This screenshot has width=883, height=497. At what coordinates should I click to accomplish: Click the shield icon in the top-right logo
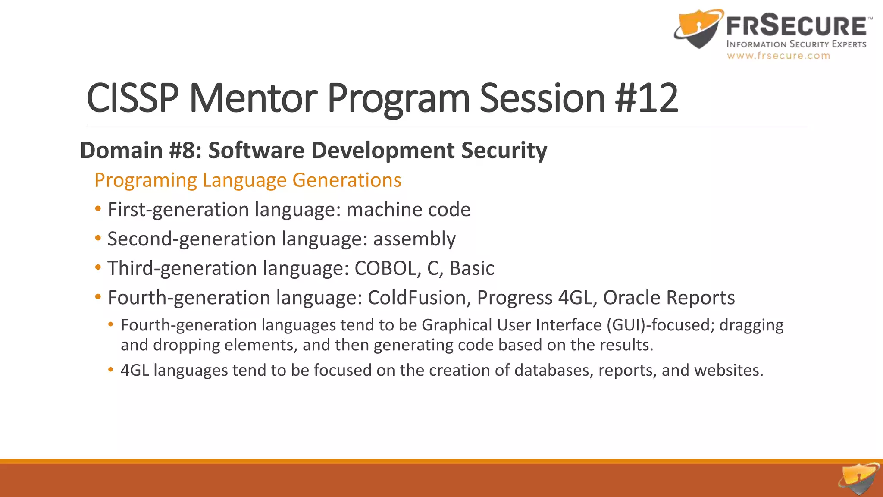pyautogui.click(x=698, y=29)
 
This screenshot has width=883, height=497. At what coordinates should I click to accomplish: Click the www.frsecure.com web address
pyautogui.click(x=778, y=56)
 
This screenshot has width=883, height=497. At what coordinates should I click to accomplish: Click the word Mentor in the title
pyautogui.click(x=253, y=98)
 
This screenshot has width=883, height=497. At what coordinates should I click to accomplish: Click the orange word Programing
pyautogui.click(x=146, y=180)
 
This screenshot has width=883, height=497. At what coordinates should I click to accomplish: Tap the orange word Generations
pyautogui.click(x=347, y=180)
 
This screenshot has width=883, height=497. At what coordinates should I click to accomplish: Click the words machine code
pyautogui.click(x=408, y=210)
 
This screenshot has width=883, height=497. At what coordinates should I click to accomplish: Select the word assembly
pyautogui.click(x=414, y=239)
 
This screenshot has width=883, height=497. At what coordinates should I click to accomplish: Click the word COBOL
pyautogui.click(x=385, y=268)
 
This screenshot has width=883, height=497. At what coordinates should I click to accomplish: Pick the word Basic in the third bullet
pyautogui.click(x=472, y=268)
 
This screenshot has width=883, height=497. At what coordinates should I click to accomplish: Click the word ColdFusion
pyautogui.click(x=416, y=298)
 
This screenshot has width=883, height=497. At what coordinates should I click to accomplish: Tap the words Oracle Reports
pyautogui.click(x=669, y=298)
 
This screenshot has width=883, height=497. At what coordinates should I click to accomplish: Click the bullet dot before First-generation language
pyautogui.click(x=98, y=209)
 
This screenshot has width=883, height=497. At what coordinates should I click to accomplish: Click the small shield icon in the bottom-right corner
pyautogui.click(x=859, y=478)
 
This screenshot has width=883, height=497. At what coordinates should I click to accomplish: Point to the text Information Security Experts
pyautogui.click(x=796, y=44)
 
